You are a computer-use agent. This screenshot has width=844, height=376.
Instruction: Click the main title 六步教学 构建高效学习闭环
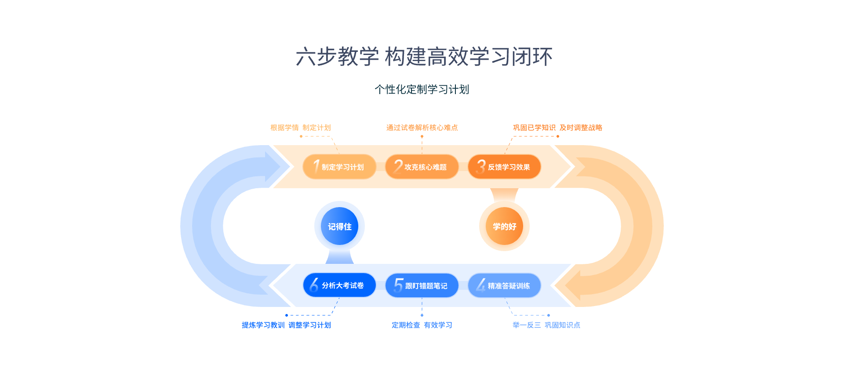[x=424, y=57]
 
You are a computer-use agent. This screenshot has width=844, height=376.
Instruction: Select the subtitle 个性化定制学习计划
[x=422, y=89]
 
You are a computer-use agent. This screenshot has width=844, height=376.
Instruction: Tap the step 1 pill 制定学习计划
[x=339, y=167]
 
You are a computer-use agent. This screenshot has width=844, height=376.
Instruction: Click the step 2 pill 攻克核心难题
[x=422, y=167]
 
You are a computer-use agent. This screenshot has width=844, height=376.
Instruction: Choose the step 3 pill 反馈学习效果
[x=504, y=167]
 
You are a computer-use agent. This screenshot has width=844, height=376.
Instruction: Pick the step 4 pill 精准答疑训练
[x=504, y=285]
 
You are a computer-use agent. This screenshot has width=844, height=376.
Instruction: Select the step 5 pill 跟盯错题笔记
[x=422, y=285]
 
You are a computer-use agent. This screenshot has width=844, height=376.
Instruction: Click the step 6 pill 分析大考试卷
[x=339, y=285]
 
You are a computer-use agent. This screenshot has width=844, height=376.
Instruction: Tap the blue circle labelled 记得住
[x=339, y=226]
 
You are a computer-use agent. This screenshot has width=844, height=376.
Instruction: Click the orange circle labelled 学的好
[x=504, y=226]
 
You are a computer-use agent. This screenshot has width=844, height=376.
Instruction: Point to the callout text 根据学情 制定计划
[x=301, y=128]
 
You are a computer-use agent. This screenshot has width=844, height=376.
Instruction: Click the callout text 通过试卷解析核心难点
[x=422, y=128]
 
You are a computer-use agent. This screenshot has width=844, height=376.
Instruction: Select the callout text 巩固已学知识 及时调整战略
[x=557, y=128]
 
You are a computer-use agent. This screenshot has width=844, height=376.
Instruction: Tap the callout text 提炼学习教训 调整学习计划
[x=286, y=325]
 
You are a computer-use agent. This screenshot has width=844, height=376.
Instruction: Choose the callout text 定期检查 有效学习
[x=422, y=325]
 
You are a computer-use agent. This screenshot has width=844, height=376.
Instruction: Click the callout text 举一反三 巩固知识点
[x=546, y=325]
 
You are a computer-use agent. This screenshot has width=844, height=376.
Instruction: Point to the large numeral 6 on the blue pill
[x=314, y=285]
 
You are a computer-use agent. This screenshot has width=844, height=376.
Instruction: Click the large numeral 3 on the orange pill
[x=481, y=166]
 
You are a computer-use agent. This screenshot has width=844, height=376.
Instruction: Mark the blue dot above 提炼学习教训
[x=287, y=315]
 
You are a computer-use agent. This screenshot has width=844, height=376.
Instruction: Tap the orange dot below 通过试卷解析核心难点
[x=422, y=136]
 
